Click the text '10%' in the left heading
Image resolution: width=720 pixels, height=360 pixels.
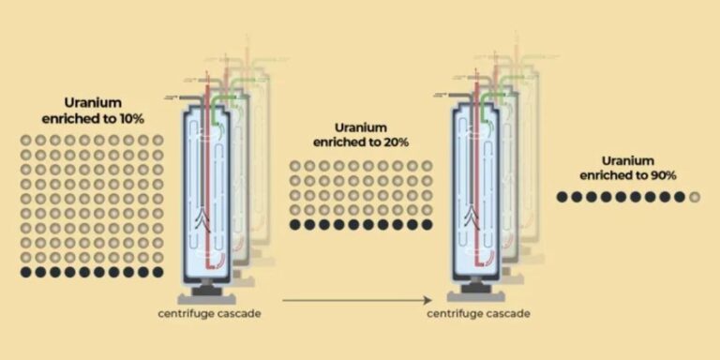tap(132, 118)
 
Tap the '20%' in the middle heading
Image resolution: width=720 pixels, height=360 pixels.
tap(396, 142)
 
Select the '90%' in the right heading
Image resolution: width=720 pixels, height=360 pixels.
tap(663, 175)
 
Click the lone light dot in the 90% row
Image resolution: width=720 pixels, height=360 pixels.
tap(695, 197)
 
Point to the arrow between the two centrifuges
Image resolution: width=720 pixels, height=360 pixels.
tap(357, 301)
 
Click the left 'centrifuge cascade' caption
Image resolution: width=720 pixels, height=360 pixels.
tap(209, 315)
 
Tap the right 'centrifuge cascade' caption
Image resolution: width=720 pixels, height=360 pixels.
tap(478, 314)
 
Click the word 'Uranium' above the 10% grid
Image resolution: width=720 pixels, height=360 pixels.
tap(93, 103)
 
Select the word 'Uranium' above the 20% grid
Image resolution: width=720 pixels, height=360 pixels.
tap(361, 127)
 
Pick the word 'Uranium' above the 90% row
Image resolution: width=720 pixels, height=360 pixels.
tap(628, 160)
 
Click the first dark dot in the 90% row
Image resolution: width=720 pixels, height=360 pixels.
tap(562, 197)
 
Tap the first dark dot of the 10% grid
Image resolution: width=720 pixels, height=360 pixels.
tap(25, 272)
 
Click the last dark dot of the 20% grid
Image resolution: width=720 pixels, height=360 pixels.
tap(427, 225)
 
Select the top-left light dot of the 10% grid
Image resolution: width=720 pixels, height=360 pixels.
tap(25, 140)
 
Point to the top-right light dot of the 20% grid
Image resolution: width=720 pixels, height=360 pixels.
tap(427, 166)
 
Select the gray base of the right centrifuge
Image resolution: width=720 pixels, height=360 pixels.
tap(476, 297)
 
